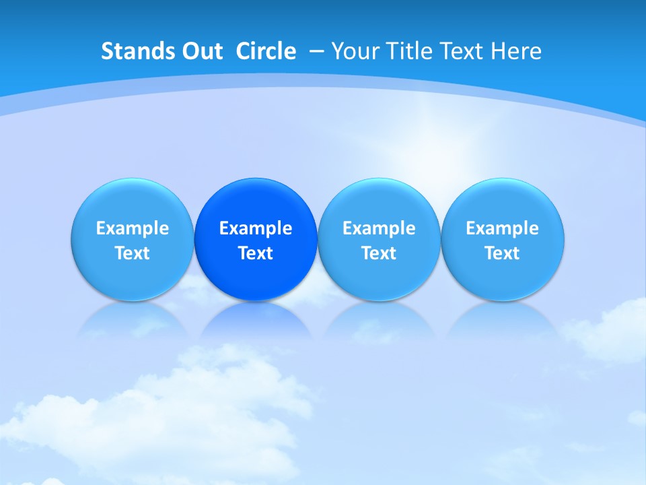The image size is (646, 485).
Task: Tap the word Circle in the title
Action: pos(266,51)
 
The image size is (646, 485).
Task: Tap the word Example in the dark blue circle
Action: pos(256,228)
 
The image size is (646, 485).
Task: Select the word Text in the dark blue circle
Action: pos(256,253)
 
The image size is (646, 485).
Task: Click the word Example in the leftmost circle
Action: pos(132,228)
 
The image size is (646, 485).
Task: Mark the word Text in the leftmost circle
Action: pos(132,253)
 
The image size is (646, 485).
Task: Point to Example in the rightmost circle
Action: pos(502,228)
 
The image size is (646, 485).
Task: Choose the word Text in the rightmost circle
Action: pos(502,253)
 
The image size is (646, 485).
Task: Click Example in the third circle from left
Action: pos(379,228)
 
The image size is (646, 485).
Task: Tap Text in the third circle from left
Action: pos(379,253)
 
